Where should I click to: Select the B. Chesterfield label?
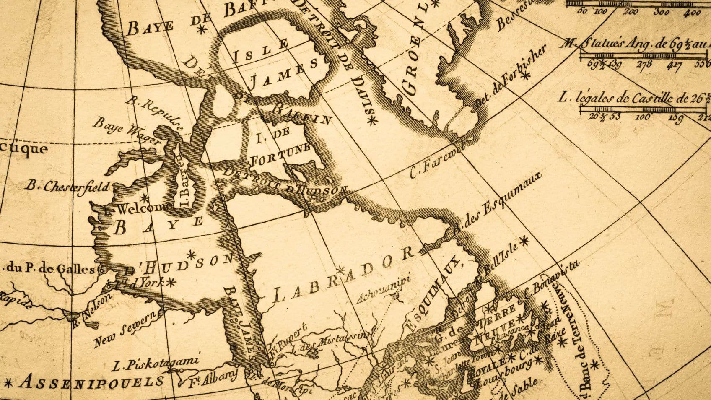click(68, 186)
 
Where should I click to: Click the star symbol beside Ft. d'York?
click(170, 283)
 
